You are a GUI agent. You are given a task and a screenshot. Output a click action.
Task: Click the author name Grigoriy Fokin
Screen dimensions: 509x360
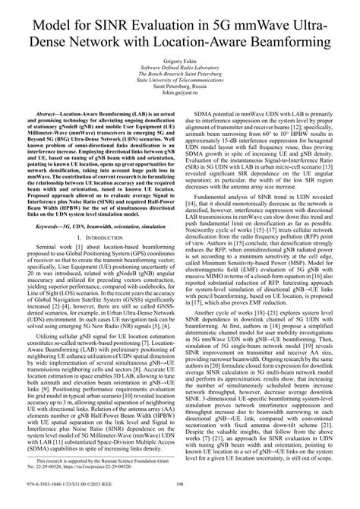(x=180, y=78)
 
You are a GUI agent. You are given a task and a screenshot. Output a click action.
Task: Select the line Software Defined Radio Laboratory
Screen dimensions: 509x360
(x=180, y=87)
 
